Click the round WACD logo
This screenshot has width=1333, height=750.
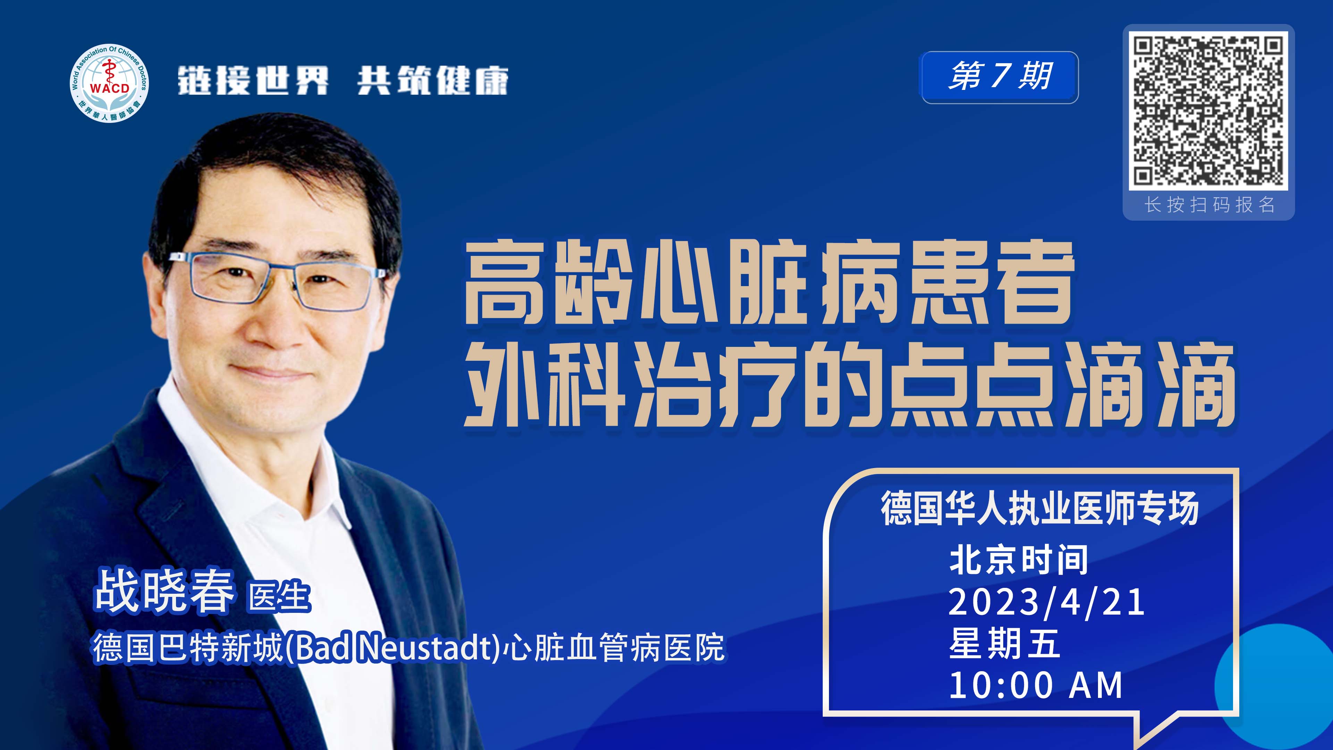pyautogui.click(x=109, y=83)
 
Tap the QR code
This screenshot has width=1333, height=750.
pyautogui.click(x=1208, y=111)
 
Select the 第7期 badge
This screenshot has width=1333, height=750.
pyautogui.click(x=1000, y=77)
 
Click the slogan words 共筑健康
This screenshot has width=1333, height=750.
pyautogui.click(x=433, y=81)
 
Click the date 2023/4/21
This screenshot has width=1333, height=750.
pyautogui.click(x=1046, y=602)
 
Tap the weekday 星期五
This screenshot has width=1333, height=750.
pyautogui.click(x=1004, y=643)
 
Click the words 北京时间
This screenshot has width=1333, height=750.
pyautogui.click(x=1018, y=560)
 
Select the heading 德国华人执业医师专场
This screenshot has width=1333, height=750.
pyautogui.click(x=1040, y=508)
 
